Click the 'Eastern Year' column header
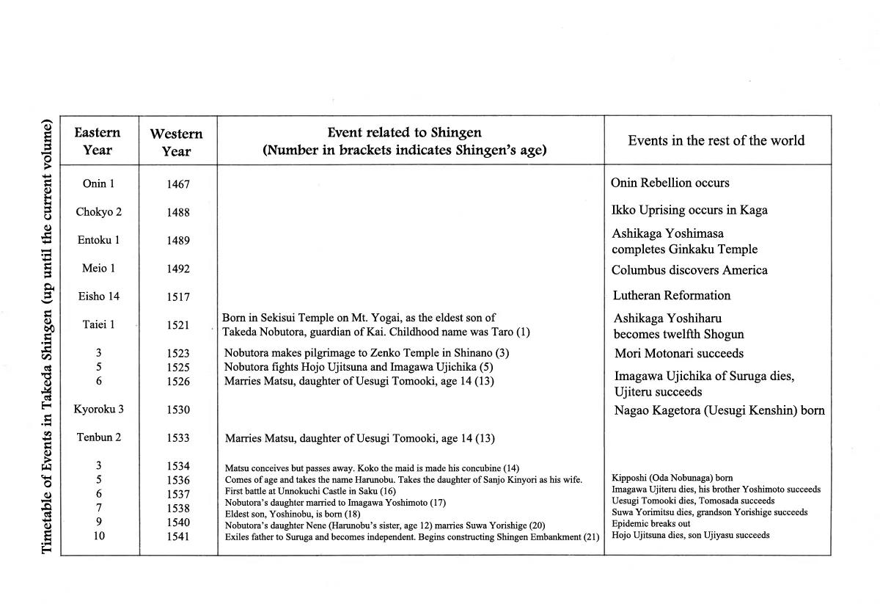pos(98,141)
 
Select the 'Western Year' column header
pos(176,142)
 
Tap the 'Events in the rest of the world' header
pos(716,140)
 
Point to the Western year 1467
pos(177,184)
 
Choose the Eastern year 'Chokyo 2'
pos(99,211)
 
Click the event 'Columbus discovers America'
pos(689,270)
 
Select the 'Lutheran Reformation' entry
pos(672,295)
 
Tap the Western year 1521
pos(177,325)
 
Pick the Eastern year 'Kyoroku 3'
pos(98,409)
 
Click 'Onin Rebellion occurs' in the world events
pos(670,183)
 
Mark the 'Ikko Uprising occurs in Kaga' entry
pos(689,210)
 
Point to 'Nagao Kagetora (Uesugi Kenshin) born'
pos(719,410)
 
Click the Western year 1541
pos(177,536)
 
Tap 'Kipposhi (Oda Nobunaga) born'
pos(672,478)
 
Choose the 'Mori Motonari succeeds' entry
pos(678,353)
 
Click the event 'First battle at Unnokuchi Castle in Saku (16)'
pos(310,491)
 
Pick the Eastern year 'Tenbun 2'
pos(98,437)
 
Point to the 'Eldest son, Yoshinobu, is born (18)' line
pos(293,514)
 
